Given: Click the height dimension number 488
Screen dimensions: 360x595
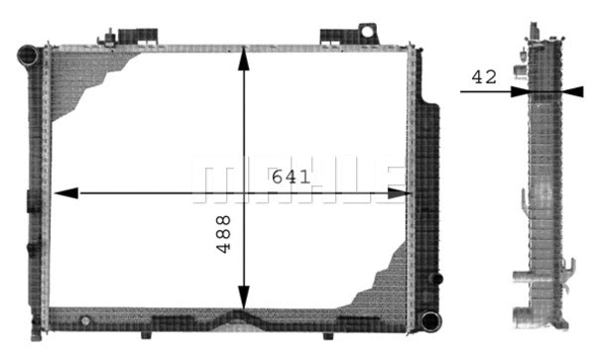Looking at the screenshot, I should (x=223, y=234).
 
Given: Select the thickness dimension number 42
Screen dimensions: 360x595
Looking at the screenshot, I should (x=484, y=77).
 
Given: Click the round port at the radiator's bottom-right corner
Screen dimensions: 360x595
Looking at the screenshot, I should (x=428, y=320).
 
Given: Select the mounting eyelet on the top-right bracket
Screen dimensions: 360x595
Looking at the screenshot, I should (x=367, y=31).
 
